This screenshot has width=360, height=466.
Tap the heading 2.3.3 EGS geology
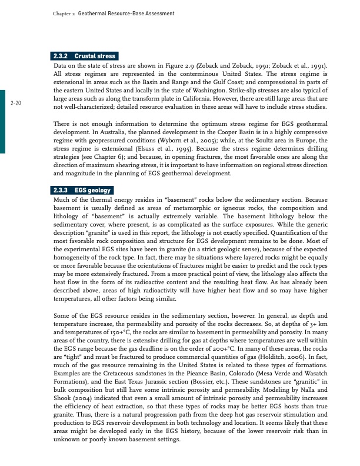82,191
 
